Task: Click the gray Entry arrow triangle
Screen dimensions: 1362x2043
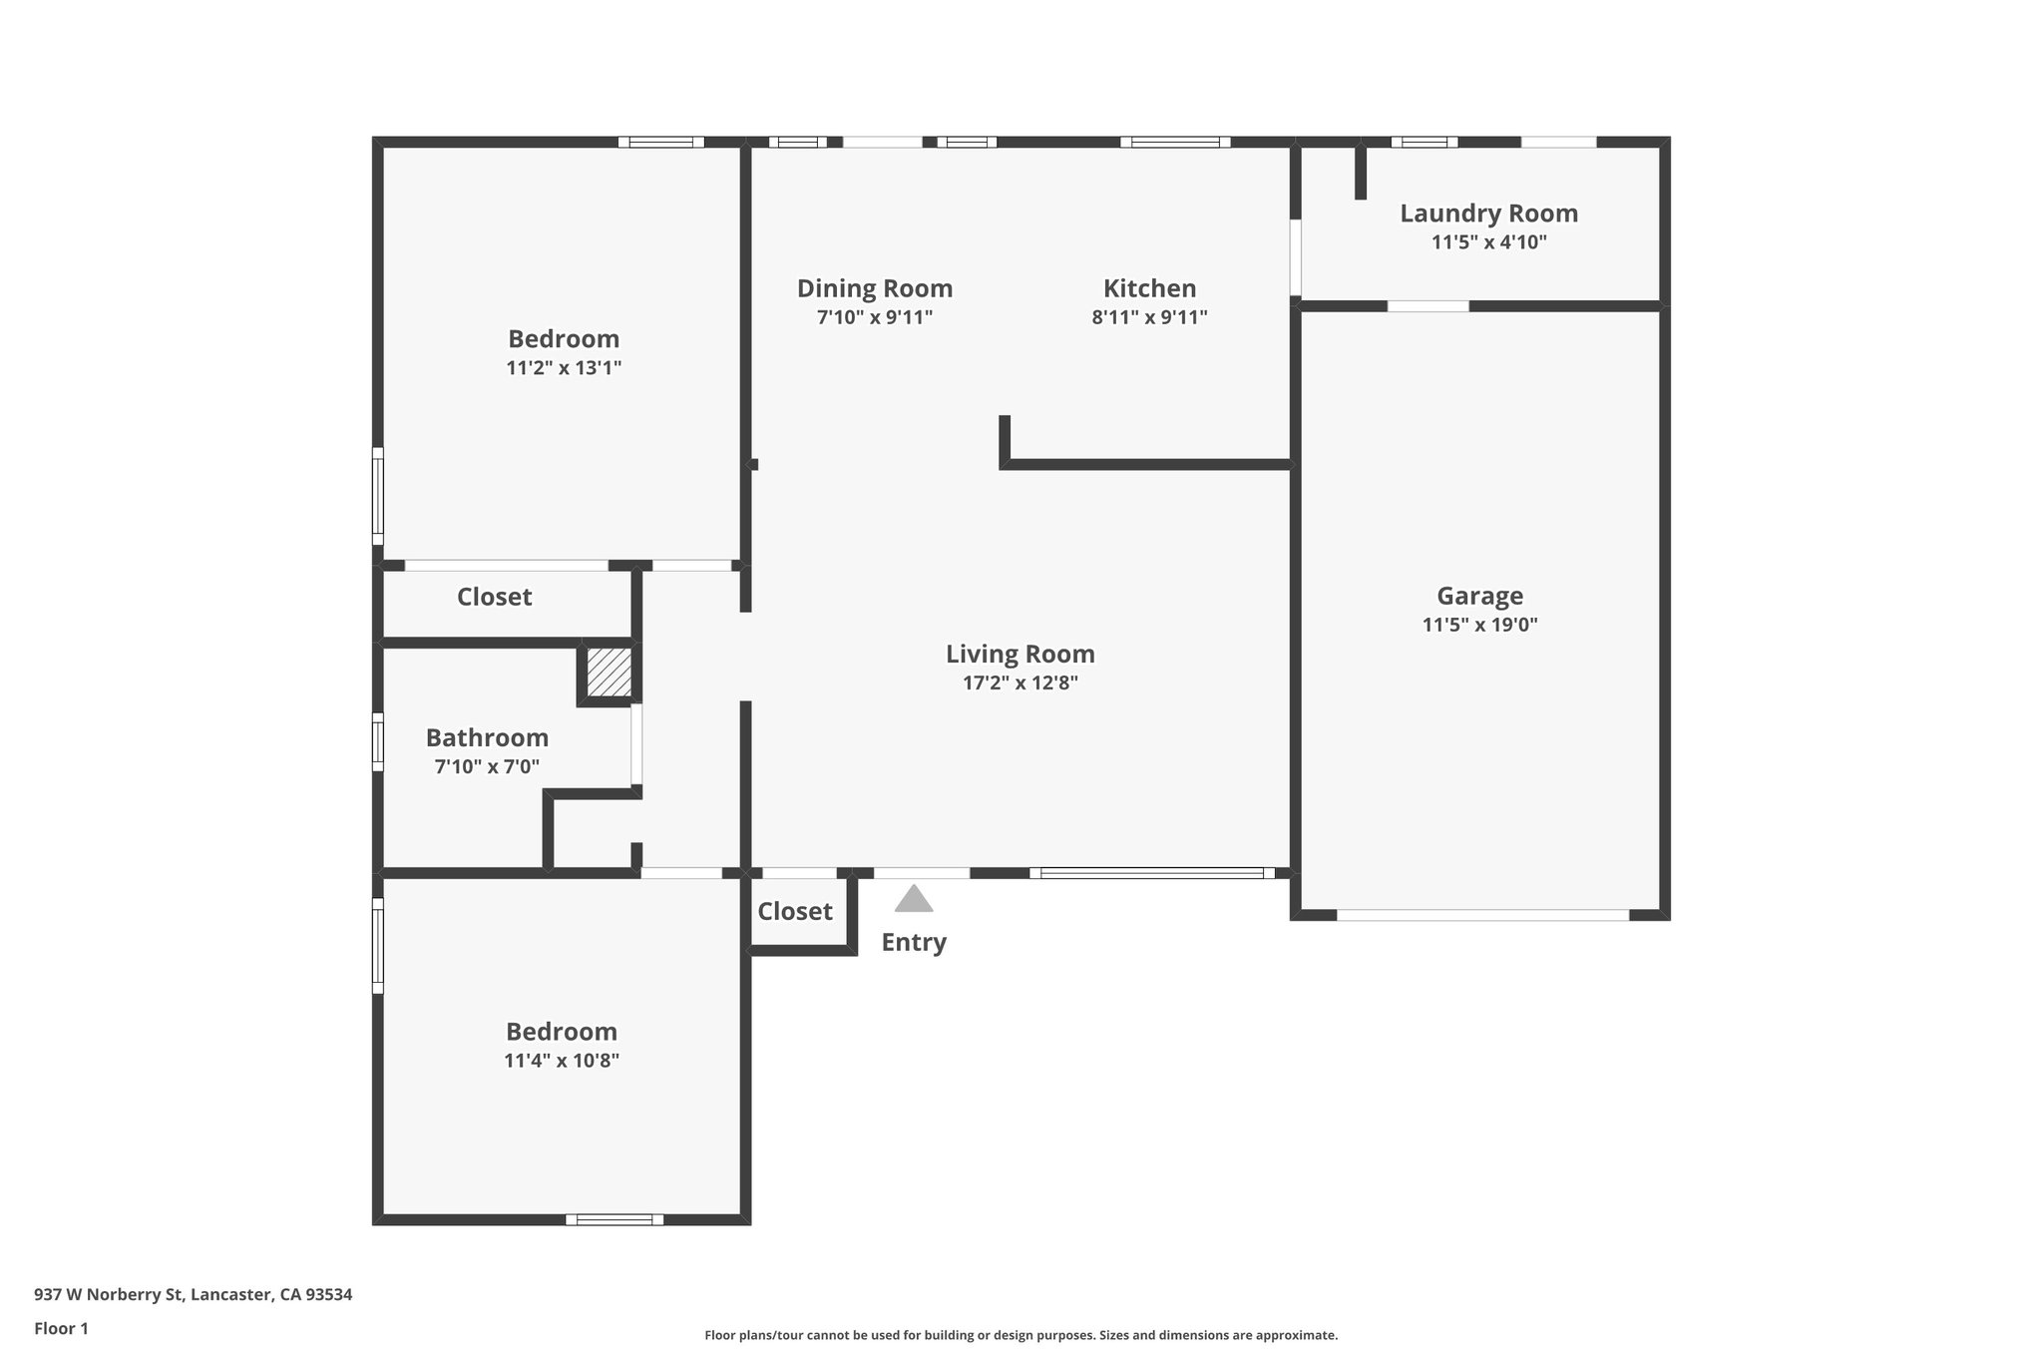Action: (x=914, y=900)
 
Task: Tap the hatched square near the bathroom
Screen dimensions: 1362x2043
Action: (x=609, y=673)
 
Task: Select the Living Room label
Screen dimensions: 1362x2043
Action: (x=1020, y=655)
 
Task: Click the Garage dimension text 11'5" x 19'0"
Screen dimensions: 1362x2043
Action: (x=1479, y=626)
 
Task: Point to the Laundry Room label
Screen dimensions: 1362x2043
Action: (x=1488, y=214)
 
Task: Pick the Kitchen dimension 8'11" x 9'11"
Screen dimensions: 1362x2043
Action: (x=1149, y=318)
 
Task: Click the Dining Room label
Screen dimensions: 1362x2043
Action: (x=874, y=289)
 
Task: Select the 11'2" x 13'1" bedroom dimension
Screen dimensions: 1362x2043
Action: (x=564, y=368)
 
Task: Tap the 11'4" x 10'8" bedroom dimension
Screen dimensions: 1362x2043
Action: (x=562, y=1061)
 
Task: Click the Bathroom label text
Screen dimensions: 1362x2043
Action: (x=487, y=738)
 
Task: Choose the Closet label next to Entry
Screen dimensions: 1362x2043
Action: (x=794, y=912)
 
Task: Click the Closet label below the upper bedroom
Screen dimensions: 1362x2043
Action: (x=494, y=598)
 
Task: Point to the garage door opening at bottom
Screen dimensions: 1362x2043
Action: (x=1482, y=914)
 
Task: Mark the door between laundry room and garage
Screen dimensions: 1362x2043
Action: (x=1428, y=306)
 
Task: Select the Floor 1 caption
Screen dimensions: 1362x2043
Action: (x=61, y=1329)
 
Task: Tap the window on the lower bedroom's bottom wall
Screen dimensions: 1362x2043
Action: (x=614, y=1219)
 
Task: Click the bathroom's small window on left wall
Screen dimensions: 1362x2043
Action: (x=378, y=741)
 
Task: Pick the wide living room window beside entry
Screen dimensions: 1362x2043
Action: (x=1151, y=873)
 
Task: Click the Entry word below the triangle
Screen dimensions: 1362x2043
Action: (x=914, y=943)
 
